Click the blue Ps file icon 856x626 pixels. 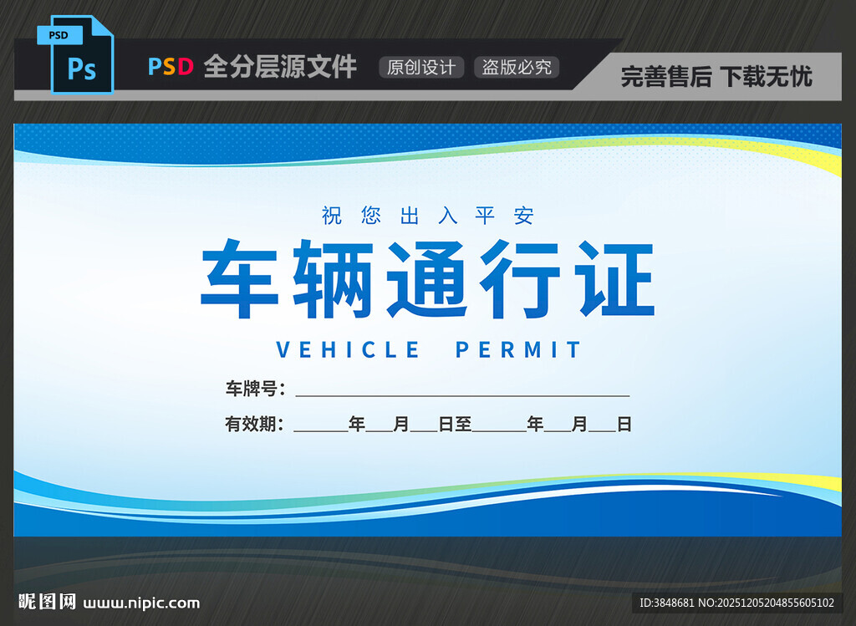[x=75, y=55]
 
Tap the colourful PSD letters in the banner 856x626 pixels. [x=171, y=67]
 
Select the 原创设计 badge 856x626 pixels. [x=420, y=68]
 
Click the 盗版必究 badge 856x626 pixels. [x=517, y=68]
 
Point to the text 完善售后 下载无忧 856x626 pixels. [x=716, y=77]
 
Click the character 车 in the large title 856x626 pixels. [x=240, y=279]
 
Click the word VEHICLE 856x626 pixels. [x=348, y=349]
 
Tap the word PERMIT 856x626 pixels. [x=518, y=349]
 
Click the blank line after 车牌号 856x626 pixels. [x=461, y=391]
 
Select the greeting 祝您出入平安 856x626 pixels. [x=428, y=216]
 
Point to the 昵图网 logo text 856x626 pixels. [x=48, y=602]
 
